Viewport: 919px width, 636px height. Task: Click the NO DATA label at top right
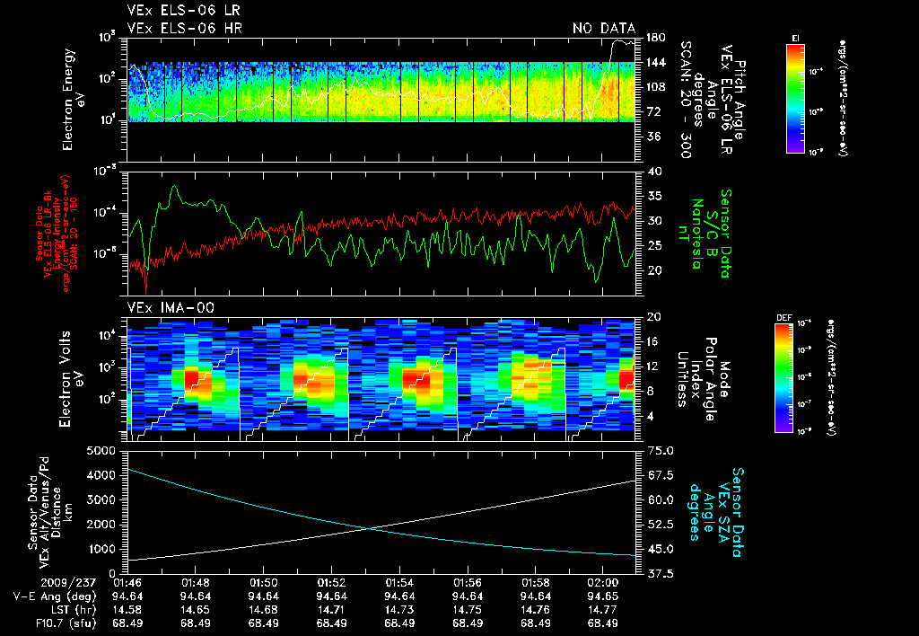pyautogui.click(x=604, y=28)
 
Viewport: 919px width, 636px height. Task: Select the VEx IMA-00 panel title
pyautogui.click(x=164, y=307)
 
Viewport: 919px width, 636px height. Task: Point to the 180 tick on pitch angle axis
pyautogui.click(x=654, y=37)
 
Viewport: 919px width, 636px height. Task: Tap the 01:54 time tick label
pyautogui.click(x=398, y=583)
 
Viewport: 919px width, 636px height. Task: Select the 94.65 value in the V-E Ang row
pyautogui.click(x=601, y=596)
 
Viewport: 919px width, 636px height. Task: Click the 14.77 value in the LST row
pyautogui.click(x=601, y=609)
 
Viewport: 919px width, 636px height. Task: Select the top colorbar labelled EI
pyautogui.click(x=795, y=97)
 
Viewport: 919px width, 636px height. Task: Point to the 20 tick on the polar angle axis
pyautogui.click(x=652, y=317)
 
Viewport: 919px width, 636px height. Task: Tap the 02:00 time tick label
pyautogui.click(x=601, y=583)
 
